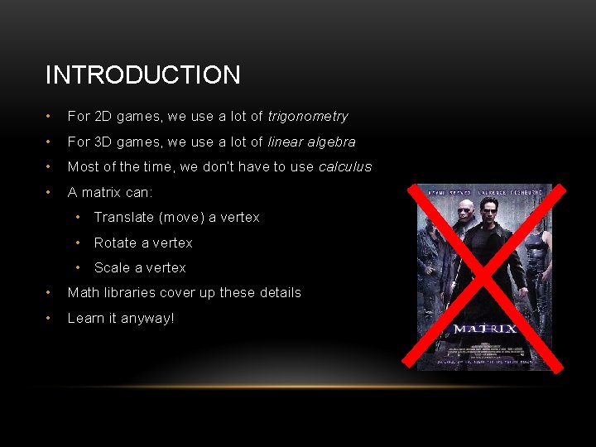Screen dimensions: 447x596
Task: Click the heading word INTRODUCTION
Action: pyautogui.click(x=142, y=75)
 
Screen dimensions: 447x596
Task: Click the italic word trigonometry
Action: pyautogui.click(x=308, y=117)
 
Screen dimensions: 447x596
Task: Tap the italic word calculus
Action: pyautogui.click(x=345, y=166)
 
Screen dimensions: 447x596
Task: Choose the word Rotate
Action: pyautogui.click(x=115, y=243)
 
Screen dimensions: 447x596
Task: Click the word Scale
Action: pyautogui.click(x=112, y=267)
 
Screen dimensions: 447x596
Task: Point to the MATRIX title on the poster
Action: pyautogui.click(x=484, y=329)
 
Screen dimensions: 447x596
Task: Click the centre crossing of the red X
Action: pyautogui.click(x=485, y=276)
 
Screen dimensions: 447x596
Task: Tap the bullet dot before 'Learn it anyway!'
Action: pyautogui.click(x=50, y=318)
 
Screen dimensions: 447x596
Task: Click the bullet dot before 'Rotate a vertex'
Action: pyautogui.click(x=77, y=243)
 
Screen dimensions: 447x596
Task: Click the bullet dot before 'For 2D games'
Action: pyautogui.click(x=50, y=117)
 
